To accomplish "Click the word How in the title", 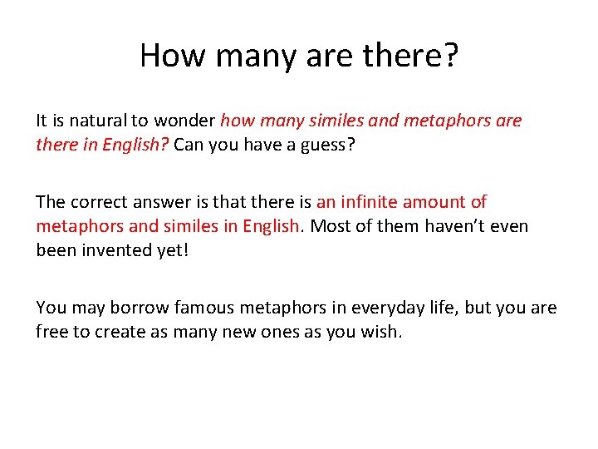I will [x=166, y=56].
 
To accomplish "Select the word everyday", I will [x=380, y=308].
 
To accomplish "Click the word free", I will [x=51, y=331].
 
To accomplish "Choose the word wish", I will [x=383, y=331].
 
